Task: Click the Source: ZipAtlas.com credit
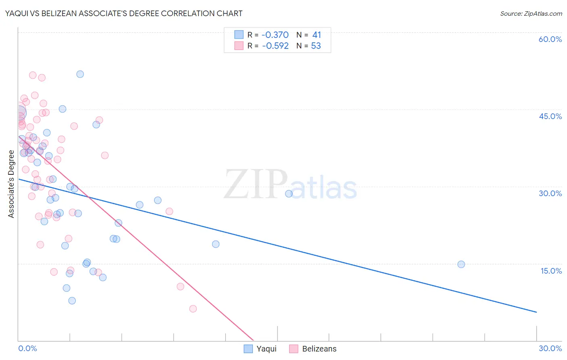click(531, 13)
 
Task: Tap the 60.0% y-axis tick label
click(550, 39)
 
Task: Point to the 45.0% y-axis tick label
click(550, 116)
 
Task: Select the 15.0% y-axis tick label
click(551, 271)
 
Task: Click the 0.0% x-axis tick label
click(27, 348)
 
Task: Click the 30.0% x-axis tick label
click(550, 348)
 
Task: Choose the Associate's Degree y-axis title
click(11, 184)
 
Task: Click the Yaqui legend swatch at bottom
click(248, 349)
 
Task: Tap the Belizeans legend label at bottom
click(319, 349)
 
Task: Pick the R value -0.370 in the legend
click(275, 35)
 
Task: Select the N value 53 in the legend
click(316, 46)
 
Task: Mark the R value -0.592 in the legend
click(275, 46)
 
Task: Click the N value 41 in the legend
click(316, 35)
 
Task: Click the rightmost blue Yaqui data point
click(461, 264)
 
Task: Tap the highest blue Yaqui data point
click(80, 74)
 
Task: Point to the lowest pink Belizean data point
click(193, 309)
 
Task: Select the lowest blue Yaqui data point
click(72, 301)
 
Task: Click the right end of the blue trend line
click(536, 312)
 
